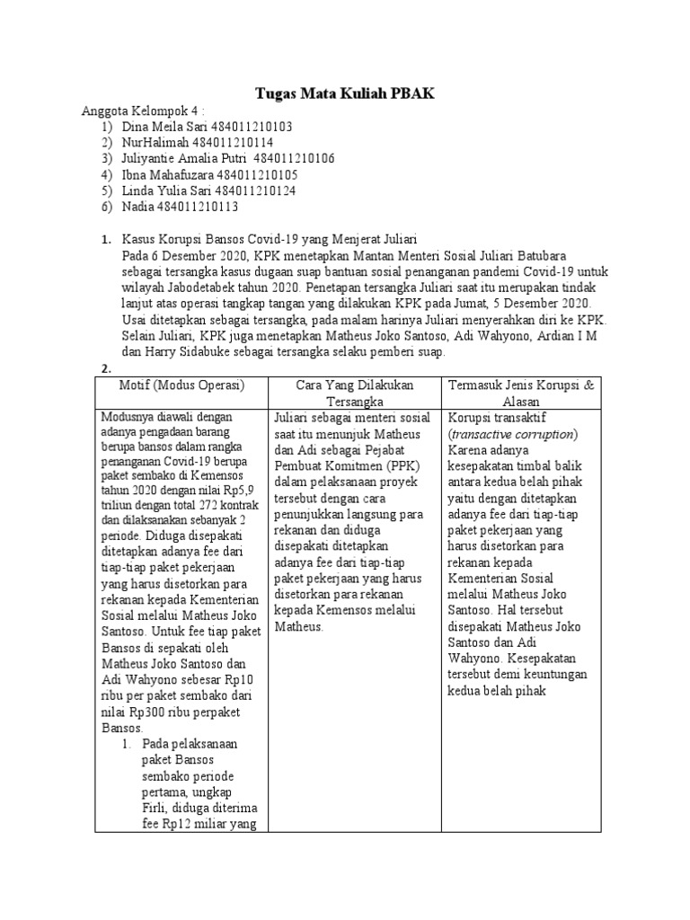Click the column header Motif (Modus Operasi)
click(181, 385)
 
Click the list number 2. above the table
click(105, 368)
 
